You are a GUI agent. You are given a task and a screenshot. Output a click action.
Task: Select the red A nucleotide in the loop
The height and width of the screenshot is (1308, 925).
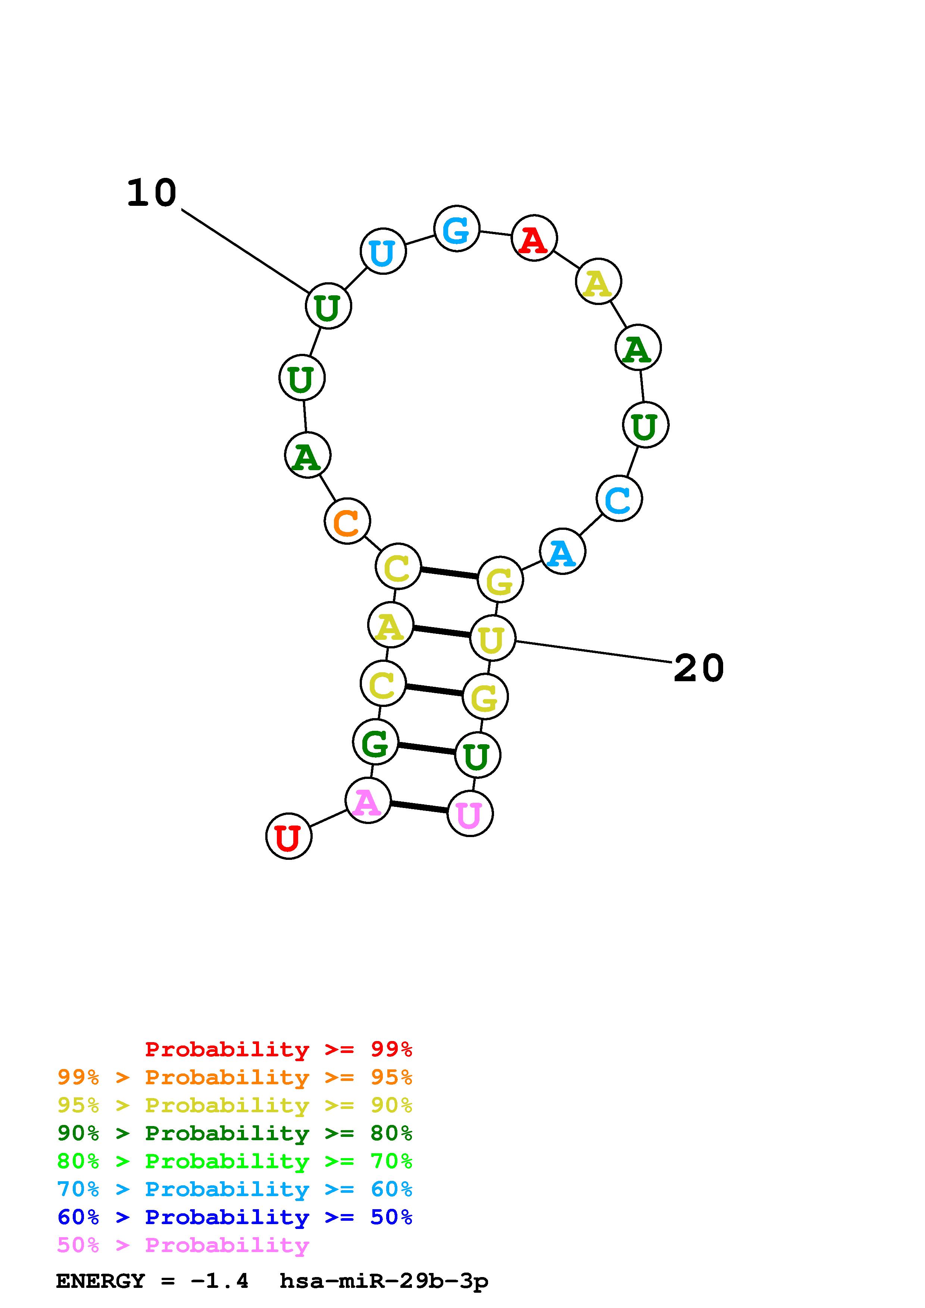(534, 238)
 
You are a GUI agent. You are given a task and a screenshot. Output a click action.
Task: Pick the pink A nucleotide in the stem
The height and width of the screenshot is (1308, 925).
(368, 801)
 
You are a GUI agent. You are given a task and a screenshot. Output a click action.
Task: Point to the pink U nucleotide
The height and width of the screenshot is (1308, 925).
(470, 814)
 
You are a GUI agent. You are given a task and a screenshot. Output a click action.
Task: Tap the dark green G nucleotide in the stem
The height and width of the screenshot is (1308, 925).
(376, 741)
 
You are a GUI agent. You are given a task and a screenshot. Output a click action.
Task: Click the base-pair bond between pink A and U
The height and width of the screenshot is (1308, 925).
(419, 807)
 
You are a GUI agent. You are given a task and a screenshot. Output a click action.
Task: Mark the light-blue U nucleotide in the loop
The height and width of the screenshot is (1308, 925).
(383, 251)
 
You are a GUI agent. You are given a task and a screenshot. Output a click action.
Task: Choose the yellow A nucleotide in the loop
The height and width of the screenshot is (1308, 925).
(598, 282)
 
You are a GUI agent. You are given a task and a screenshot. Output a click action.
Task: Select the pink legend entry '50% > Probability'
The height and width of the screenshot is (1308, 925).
(183, 1245)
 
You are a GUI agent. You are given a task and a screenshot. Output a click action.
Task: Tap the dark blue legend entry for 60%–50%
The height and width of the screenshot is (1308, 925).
(234, 1217)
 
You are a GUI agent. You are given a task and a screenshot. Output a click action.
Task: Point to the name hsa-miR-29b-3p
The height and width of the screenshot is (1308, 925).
(384, 1281)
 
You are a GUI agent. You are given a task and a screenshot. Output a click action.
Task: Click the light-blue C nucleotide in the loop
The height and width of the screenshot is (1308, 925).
(619, 499)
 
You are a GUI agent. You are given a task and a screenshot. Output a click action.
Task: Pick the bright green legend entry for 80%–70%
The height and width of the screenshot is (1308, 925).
(234, 1161)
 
